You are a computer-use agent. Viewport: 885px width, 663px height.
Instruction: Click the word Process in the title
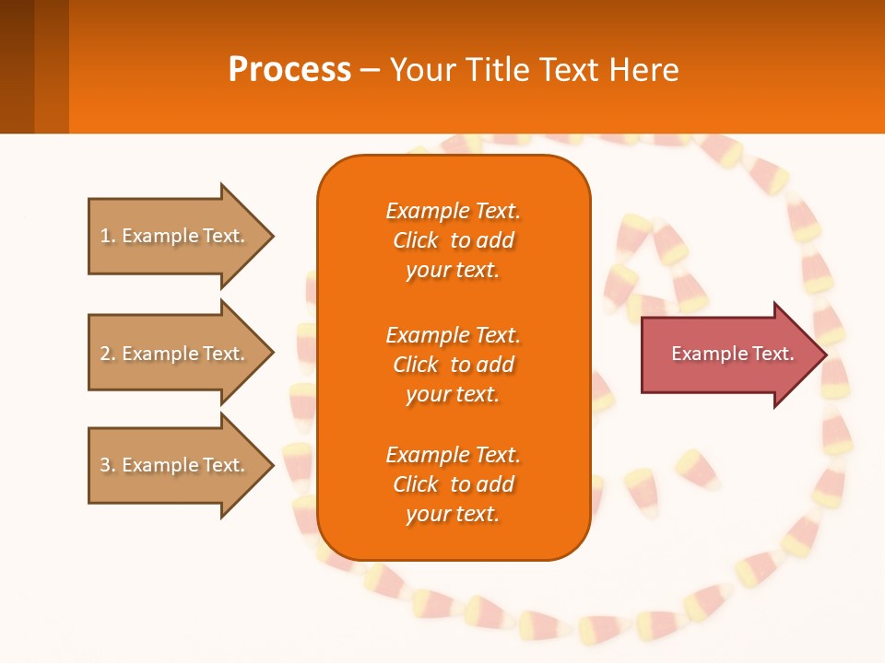click(x=289, y=69)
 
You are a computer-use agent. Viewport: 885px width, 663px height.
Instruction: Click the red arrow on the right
click(x=728, y=355)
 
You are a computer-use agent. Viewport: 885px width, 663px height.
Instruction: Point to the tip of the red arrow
click(x=823, y=355)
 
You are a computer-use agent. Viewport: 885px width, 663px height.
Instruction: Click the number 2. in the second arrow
click(x=108, y=354)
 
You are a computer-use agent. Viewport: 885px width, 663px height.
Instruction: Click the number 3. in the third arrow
click(x=108, y=465)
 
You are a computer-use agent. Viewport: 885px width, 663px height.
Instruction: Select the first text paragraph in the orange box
click(x=453, y=240)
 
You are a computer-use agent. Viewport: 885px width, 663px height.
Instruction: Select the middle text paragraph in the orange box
click(x=453, y=364)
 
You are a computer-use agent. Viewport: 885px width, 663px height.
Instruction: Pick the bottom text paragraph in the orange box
click(x=453, y=484)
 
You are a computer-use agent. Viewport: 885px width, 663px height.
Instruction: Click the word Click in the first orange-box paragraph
click(x=416, y=240)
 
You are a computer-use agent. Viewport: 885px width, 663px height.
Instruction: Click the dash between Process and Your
click(x=370, y=69)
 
